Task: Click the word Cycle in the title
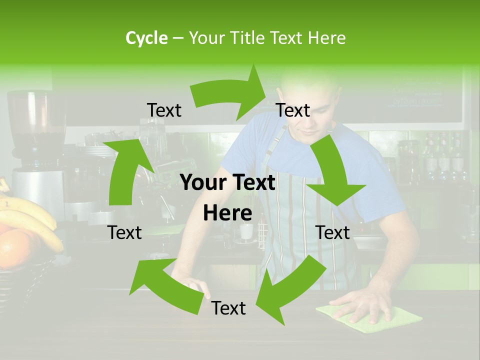[x=146, y=38]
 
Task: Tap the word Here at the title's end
[x=326, y=38]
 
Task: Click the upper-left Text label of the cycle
[x=164, y=110]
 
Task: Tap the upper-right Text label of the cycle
[x=293, y=110]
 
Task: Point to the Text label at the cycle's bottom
[x=228, y=308]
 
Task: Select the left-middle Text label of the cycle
[x=125, y=232]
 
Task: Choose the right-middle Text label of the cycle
[x=332, y=232]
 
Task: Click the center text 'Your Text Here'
[x=228, y=198]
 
